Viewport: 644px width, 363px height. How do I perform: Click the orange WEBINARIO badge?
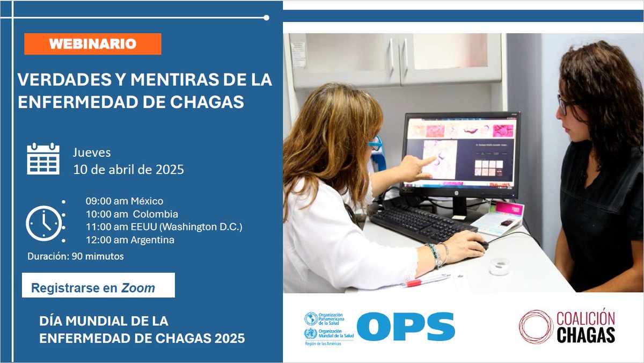92,44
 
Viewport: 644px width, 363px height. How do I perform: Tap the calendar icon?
43,159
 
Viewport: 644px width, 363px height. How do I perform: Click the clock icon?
43,223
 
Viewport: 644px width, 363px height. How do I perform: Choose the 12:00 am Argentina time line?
129,240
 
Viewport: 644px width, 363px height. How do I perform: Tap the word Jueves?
92,153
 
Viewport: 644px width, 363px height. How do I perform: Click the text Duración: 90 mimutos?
76,256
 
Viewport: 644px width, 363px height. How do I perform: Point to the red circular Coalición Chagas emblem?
535,326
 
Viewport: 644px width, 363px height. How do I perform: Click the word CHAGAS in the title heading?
214,101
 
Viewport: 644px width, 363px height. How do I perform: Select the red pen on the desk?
427,281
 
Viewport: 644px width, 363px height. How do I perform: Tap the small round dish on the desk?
499,266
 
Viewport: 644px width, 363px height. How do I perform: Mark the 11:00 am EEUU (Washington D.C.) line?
164,227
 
